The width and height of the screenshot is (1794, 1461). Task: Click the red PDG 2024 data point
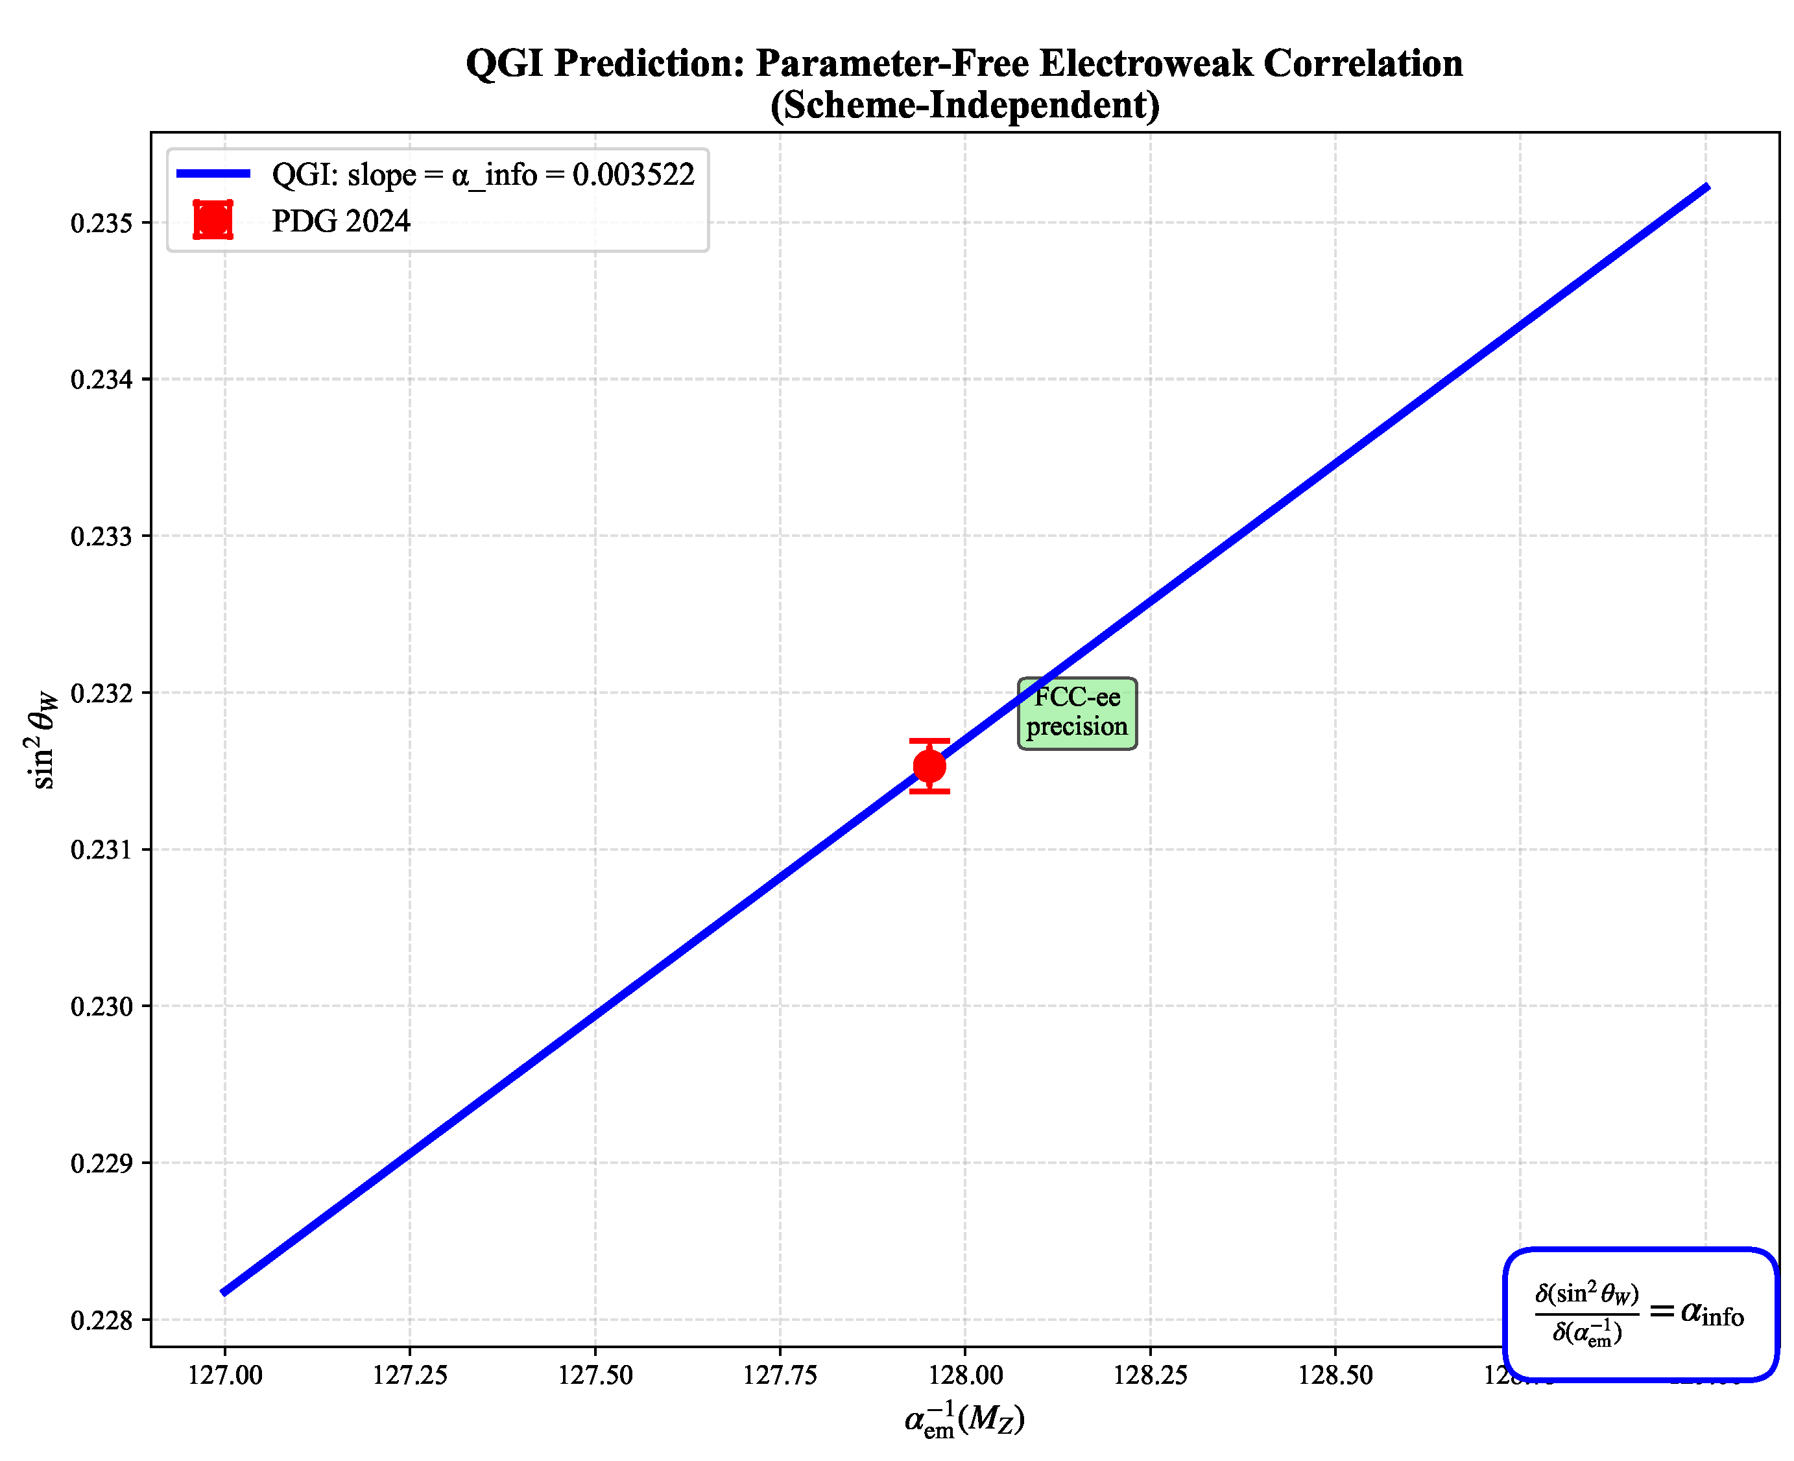(x=929, y=766)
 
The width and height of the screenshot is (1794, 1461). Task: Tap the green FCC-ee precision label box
(x=1077, y=713)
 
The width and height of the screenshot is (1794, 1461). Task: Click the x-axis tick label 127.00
(x=225, y=1376)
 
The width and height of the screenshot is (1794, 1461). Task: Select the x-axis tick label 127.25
(x=410, y=1376)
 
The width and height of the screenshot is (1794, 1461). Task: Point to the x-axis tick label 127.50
(x=595, y=1376)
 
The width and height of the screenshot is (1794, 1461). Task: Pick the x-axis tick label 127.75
(x=780, y=1376)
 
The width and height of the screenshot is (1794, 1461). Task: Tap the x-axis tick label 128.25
(x=1150, y=1376)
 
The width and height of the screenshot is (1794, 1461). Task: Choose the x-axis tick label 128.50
(x=1335, y=1376)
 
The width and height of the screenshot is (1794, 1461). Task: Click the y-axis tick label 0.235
(x=102, y=224)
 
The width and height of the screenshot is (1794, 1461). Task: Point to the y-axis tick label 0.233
(x=102, y=537)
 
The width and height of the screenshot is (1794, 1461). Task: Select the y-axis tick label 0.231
(x=102, y=850)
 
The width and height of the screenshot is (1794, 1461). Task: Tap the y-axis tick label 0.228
(x=102, y=1320)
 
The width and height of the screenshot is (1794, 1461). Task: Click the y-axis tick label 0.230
(x=102, y=1006)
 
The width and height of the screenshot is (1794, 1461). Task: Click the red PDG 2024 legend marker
(x=212, y=220)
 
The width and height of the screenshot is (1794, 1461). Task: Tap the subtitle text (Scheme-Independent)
(x=964, y=105)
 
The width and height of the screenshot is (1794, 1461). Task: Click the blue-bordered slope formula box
(x=1639, y=1314)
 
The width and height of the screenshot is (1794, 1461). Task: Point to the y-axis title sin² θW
(x=42, y=738)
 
